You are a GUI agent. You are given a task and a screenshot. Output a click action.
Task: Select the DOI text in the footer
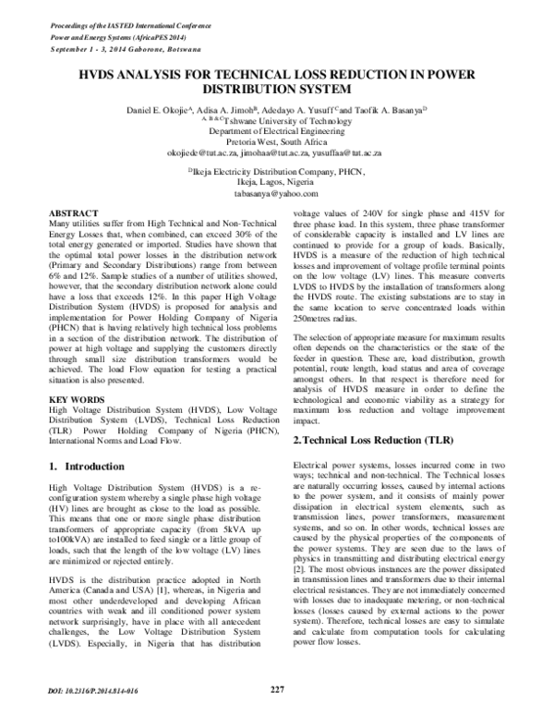(x=89, y=691)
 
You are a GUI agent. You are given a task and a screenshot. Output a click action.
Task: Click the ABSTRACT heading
(x=74, y=212)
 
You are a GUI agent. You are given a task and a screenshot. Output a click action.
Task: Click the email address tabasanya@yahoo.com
(x=276, y=195)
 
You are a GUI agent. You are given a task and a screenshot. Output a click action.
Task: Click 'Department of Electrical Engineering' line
(x=276, y=131)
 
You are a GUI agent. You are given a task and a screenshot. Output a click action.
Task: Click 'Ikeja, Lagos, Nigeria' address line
(x=276, y=184)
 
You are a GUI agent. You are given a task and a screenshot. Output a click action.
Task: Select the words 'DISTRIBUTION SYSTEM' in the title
(x=276, y=91)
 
